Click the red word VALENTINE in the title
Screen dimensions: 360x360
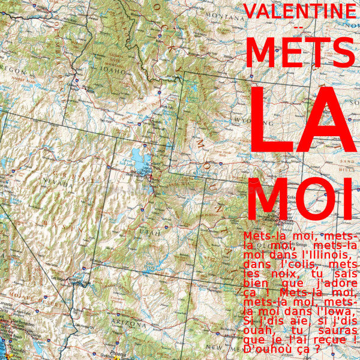pos(300,11)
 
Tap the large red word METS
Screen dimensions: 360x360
pos(300,52)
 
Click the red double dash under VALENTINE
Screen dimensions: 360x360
pos(299,28)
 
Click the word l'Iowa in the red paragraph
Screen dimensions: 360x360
pos(337,311)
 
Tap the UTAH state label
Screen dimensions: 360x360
pos(149,232)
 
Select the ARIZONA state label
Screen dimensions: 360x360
pos(127,324)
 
